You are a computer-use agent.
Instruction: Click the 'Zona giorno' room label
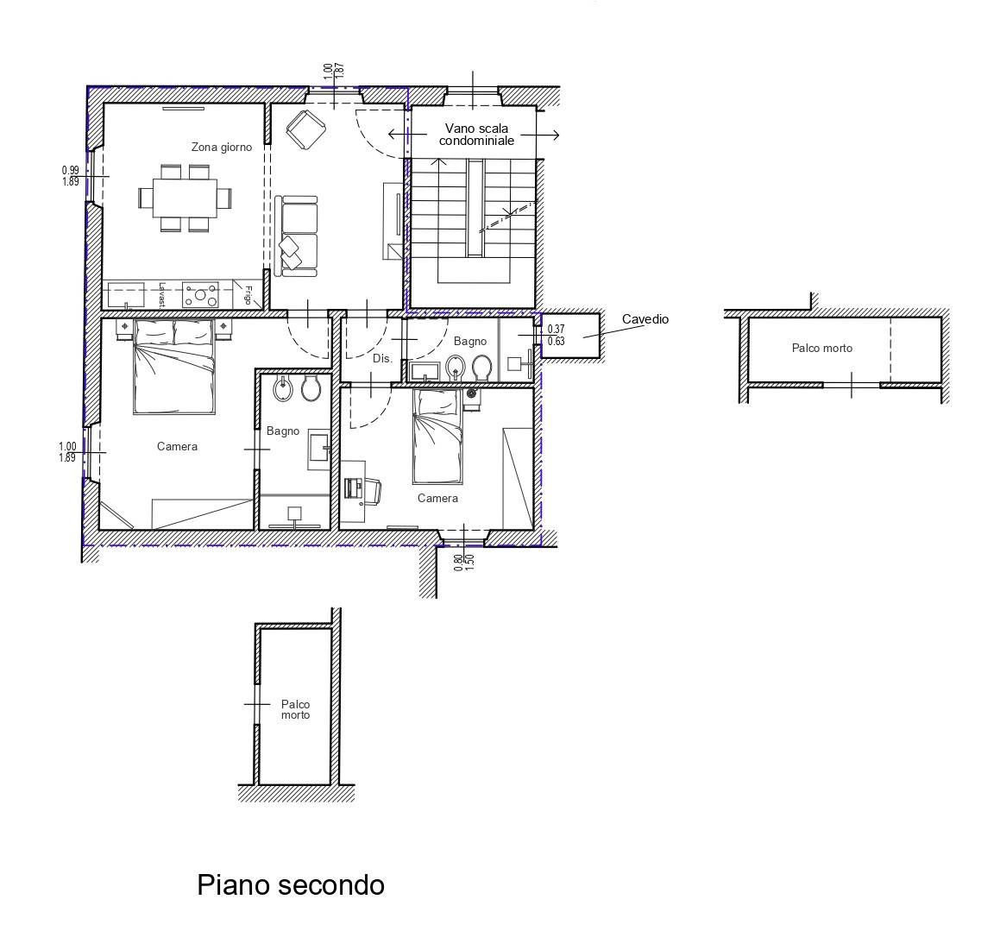tap(222, 148)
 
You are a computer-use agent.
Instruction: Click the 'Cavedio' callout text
tap(645, 319)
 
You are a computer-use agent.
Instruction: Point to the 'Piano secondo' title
tap(291, 885)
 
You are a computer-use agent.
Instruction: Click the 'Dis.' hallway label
tap(382, 357)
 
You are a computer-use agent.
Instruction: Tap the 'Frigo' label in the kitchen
tap(248, 294)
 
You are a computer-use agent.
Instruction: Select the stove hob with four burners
tap(200, 295)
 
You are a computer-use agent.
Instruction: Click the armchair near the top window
tap(305, 129)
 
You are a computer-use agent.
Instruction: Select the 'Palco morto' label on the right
tap(821, 349)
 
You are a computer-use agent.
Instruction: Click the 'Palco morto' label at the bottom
tap(295, 710)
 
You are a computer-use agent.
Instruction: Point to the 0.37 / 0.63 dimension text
tap(556, 335)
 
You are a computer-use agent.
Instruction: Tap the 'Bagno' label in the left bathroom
tap(282, 431)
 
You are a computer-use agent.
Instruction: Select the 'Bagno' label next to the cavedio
tap(470, 342)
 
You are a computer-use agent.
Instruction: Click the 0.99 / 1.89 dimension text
tap(70, 176)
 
